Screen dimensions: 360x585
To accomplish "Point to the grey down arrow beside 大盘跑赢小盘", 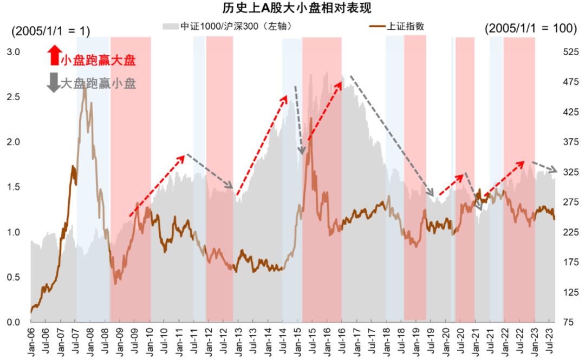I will (x=53, y=82).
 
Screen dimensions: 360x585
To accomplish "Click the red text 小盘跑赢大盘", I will (x=97, y=61).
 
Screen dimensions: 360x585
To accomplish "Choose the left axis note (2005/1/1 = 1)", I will (x=51, y=31).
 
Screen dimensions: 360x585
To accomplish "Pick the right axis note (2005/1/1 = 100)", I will (x=531, y=29).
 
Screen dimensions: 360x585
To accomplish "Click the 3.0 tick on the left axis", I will (x=14, y=52).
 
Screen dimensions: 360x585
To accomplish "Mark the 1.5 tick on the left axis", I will (x=14, y=187).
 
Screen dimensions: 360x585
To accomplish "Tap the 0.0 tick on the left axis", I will (x=14, y=323).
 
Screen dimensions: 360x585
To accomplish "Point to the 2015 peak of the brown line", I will (x=311, y=119).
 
